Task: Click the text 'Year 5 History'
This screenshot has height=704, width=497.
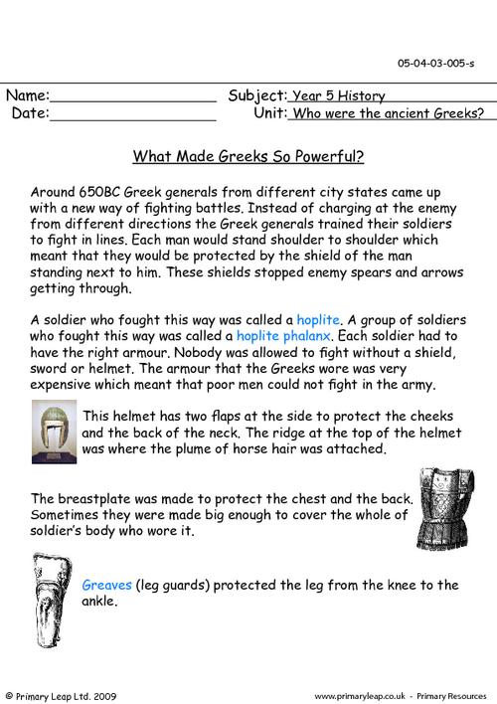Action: pyautogui.click(x=337, y=96)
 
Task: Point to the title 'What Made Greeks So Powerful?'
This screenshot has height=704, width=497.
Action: pyautogui.click(x=248, y=156)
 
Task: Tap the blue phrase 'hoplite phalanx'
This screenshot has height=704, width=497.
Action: pyautogui.click(x=280, y=337)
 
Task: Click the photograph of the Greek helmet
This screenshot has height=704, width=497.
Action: pyautogui.click(x=54, y=431)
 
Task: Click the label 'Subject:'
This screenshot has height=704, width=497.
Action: pyautogui.click(x=257, y=96)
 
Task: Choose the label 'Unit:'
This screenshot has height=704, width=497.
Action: pyautogui.click(x=269, y=114)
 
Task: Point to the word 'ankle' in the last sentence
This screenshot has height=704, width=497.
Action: pyautogui.click(x=99, y=602)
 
